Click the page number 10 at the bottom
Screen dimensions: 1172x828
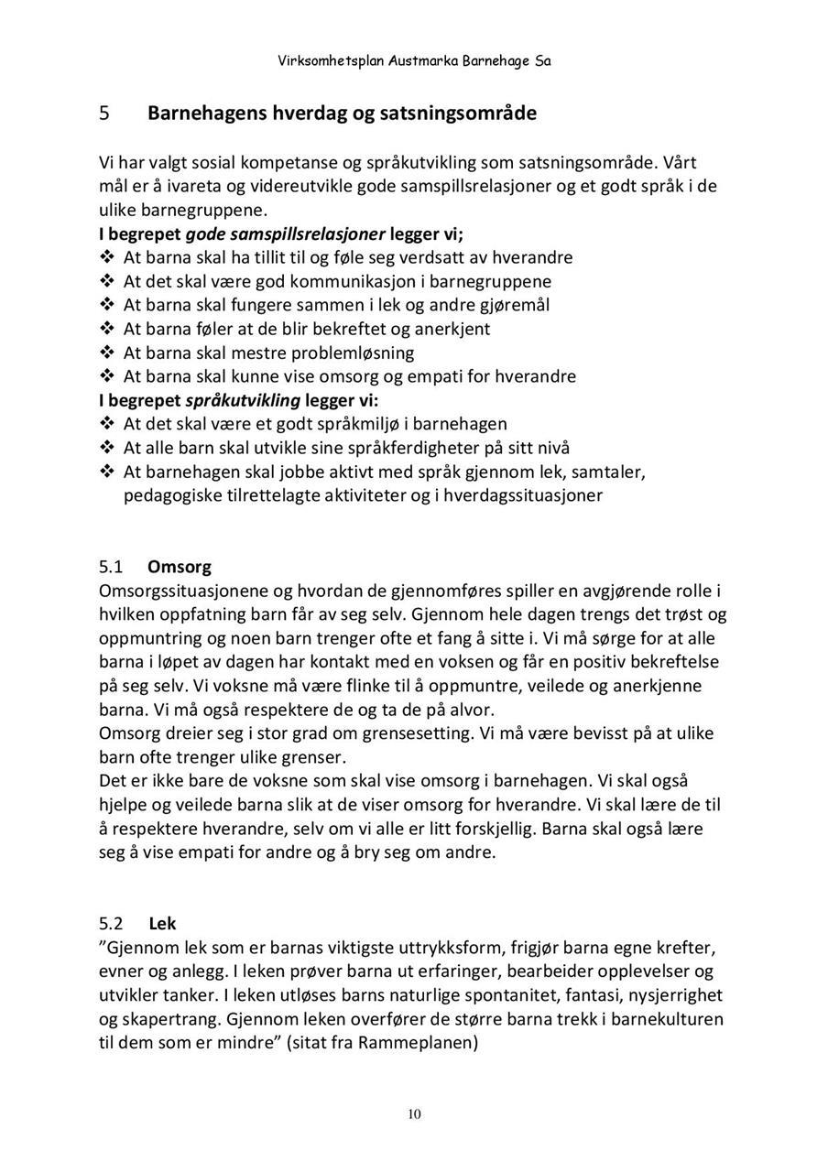tap(414, 1114)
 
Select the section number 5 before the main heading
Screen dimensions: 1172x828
tap(104, 114)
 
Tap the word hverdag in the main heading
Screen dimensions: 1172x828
tap(308, 114)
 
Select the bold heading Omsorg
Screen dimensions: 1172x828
tap(179, 567)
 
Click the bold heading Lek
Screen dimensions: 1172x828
tap(162, 924)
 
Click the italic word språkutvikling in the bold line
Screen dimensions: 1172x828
tap(243, 400)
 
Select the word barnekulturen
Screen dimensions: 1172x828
tap(667, 1019)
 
